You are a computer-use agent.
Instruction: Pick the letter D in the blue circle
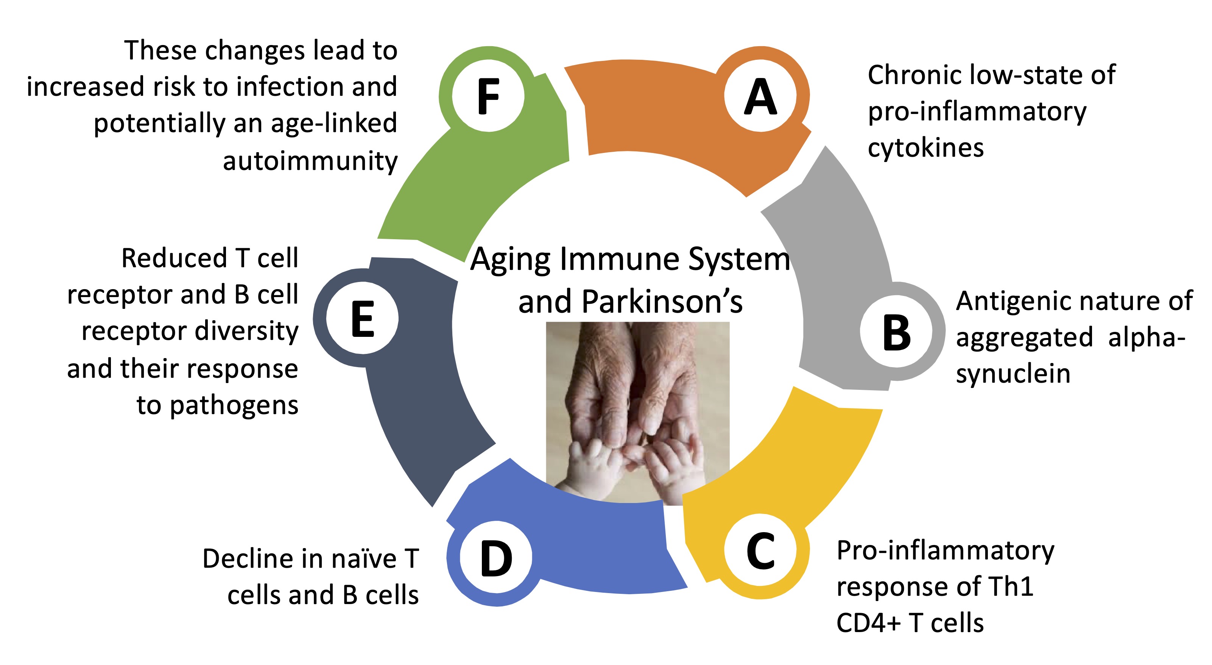coord(496,559)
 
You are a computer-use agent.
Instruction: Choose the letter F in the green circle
coord(488,97)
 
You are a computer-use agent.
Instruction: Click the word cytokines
coord(925,148)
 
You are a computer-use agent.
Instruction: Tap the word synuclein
coord(1013,374)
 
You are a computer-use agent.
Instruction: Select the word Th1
coord(1010,586)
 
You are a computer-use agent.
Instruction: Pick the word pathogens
coord(234,406)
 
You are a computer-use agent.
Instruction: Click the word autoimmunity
coord(310,161)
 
